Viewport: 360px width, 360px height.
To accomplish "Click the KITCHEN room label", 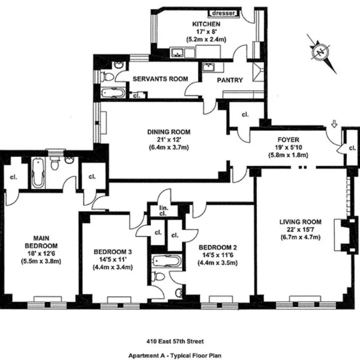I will pyautogui.click(x=206, y=23).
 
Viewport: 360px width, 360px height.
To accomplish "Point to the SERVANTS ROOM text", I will pyautogui.click(x=160, y=79).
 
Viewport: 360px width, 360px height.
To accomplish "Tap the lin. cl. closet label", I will pyautogui.click(x=162, y=211).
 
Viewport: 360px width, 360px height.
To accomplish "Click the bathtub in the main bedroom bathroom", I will pyautogui.click(x=38, y=173).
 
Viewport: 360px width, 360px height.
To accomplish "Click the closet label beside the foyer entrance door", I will pyautogui.click(x=352, y=148).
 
